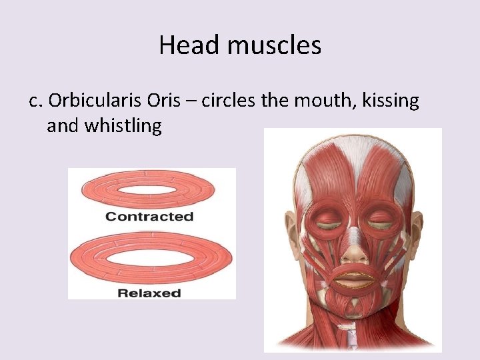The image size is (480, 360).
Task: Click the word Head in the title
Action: click(181, 46)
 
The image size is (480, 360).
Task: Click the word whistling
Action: click(123, 126)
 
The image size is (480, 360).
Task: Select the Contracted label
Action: click(149, 217)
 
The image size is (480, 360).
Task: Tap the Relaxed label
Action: click(149, 293)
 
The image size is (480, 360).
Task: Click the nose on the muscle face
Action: click(353, 251)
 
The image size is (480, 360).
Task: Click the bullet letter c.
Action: click(35, 101)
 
